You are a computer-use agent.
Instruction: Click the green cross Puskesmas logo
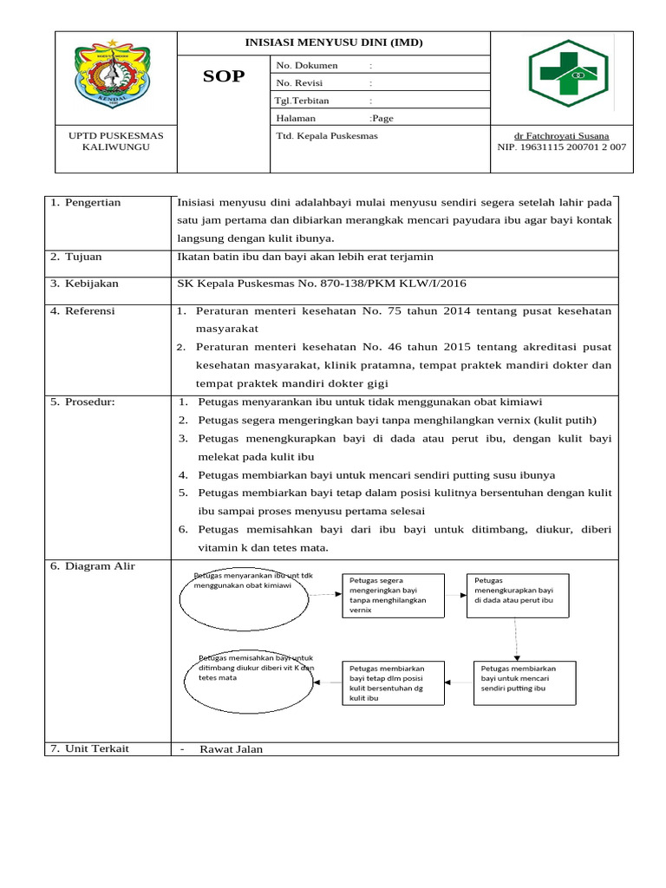[568, 74]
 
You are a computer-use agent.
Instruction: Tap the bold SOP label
[224, 76]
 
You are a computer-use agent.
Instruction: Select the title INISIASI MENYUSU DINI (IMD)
[334, 42]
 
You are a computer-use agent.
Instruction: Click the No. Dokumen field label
[307, 66]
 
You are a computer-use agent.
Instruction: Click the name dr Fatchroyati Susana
[561, 135]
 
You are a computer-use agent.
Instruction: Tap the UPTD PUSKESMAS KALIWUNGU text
[115, 141]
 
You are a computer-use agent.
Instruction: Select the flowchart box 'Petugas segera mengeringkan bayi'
[395, 595]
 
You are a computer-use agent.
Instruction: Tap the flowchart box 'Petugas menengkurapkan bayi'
[519, 595]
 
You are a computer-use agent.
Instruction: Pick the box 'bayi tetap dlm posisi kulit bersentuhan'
[395, 682]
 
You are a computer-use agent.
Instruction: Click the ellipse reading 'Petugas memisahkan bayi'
[248, 682]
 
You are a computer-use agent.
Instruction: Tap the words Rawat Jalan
[231, 749]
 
